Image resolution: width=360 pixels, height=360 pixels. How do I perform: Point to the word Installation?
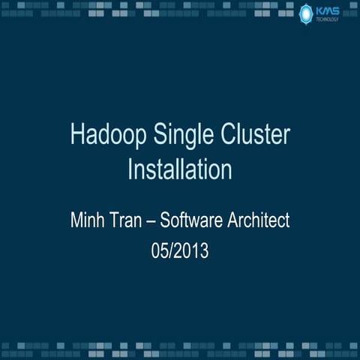[x=179, y=168]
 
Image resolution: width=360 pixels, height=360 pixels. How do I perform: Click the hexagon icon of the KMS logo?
[x=305, y=13]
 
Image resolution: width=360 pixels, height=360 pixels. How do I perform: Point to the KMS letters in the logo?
[x=328, y=10]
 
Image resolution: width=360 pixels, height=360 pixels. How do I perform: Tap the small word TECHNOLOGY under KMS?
[x=328, y=19]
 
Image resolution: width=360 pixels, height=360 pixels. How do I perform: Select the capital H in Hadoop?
[x=76, y=136]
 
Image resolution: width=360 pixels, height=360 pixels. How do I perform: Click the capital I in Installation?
[x=130, y=168]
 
